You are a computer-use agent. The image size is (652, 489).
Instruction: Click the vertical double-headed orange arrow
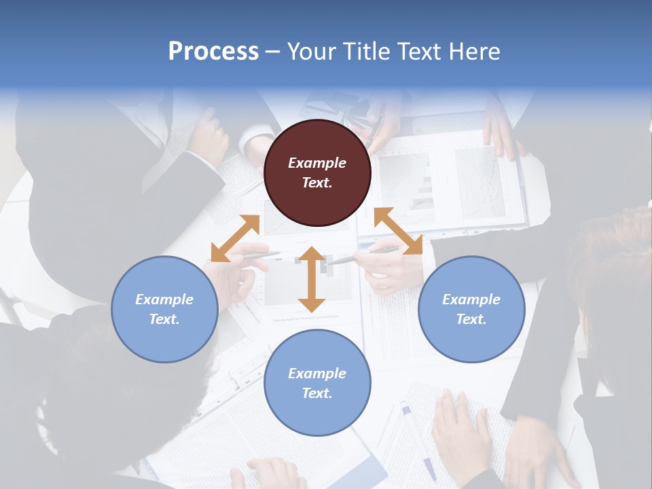(x=312, y=280)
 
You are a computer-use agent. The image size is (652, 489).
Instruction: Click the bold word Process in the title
(x=213, y=52)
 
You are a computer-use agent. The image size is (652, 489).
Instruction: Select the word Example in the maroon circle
(x=317, y=163)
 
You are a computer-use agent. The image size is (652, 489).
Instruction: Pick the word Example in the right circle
(x=471, y=300)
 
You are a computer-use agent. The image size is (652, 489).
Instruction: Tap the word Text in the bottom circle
(x=315, y=393)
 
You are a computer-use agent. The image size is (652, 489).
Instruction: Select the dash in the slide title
(x=273, y=52)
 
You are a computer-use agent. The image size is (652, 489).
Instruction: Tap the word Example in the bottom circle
(x=317, y=374)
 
